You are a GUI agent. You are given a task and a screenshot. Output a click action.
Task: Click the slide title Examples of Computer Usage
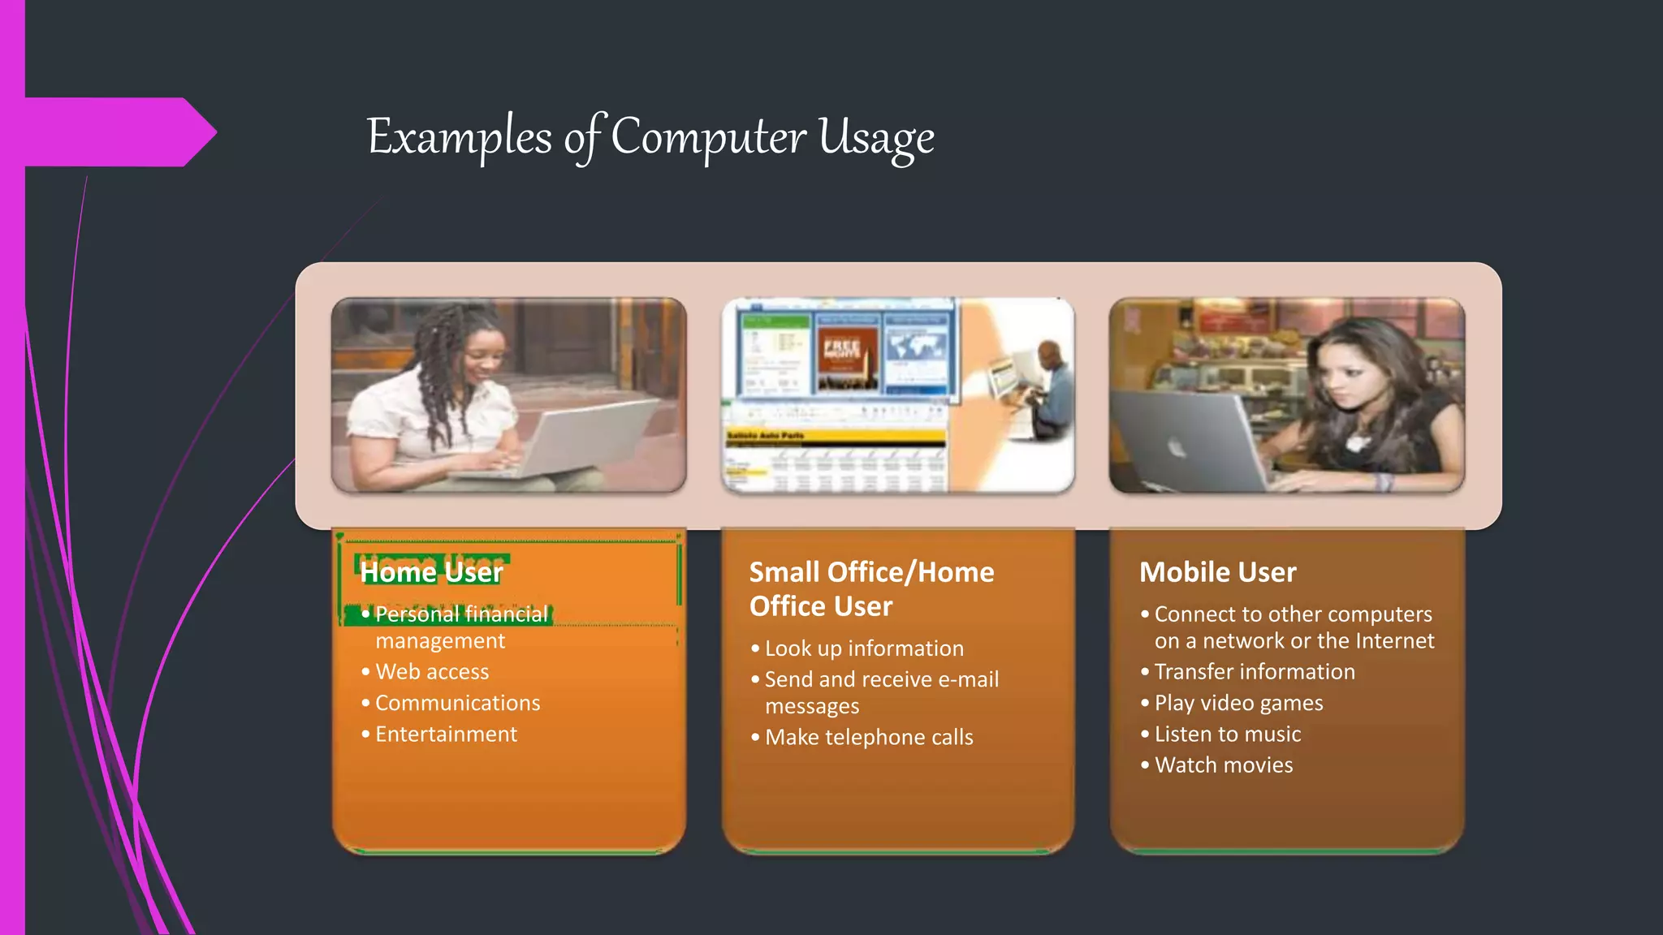pos(650,136)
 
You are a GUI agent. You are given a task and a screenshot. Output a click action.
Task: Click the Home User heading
pos(431,572)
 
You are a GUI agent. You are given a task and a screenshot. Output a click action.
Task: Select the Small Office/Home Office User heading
pos(870,589)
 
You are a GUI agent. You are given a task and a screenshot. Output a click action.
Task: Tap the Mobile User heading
pos(1217,572)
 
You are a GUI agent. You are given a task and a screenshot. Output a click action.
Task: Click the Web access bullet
pos(431,672)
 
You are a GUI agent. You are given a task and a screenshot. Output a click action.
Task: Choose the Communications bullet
pos(457,703)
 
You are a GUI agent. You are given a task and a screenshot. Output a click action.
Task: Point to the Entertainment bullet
pos(446,735)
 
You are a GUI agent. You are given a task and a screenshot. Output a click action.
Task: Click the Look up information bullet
pos(864,648)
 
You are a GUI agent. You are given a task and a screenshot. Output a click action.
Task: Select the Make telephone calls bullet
pos(869,738)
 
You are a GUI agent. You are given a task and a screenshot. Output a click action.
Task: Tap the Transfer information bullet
pos(1255,672)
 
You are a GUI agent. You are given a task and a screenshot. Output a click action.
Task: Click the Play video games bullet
pos(1238,703)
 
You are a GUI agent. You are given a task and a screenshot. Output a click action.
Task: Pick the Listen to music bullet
pos(1227,735)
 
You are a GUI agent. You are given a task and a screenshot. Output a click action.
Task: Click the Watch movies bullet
pos(1223,765)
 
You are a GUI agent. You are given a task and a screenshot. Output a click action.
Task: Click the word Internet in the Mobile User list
pos(1394,641)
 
